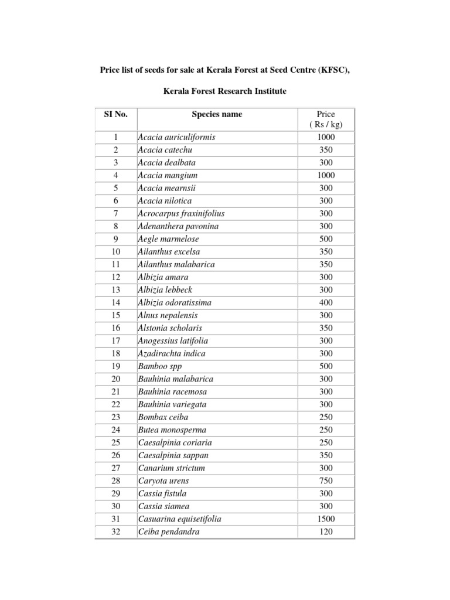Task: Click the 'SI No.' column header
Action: pyautogui.click(x=115, y=114)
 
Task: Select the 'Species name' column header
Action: pyautogui.click(x=217, y=114)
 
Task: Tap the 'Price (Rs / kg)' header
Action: pyautogui.click(x=326, y=119)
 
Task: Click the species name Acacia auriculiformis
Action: pyautogui.click(x=176, y=137)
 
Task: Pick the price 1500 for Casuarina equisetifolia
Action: pyautogui.click(x=326, y=519)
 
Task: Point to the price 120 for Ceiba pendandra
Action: pyautogui.click(x=326, y=532)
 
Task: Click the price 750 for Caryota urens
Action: pyautogui.click(x=326, y=481)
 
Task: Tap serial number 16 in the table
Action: pyautogui.click(x=115, y=328)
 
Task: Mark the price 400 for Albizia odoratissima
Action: pyautogui.click(x=326, y=302)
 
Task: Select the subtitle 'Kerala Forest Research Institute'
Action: pyautogui.click(x=224, y=92)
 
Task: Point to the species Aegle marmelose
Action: pyautogui.click(x=168, y=239)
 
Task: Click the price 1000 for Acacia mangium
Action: pyautogui.click(x=326, y=175)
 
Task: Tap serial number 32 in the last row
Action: pyautogui.click(x=115, y=532)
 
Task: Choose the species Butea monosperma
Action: pyautogui.click(x=172, y=430)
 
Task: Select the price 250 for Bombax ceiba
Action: pyautogui.click(x=326, y=417)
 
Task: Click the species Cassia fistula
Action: pyautogui.click(x=162, y=494)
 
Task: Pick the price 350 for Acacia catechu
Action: pyautogui.click(x=326, y=150)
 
